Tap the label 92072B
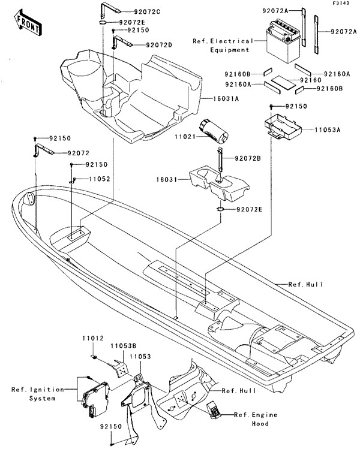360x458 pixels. [249, 158]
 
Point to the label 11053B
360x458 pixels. [123, 346]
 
